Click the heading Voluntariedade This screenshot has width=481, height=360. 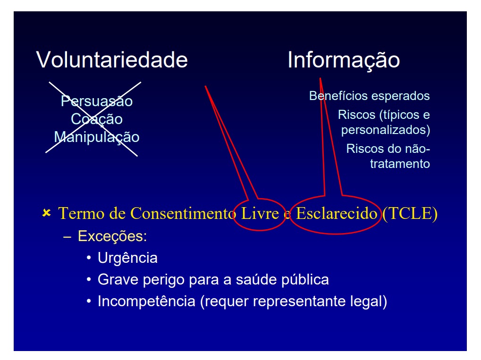point(112,60)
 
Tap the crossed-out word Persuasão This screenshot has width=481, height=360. point(97,101)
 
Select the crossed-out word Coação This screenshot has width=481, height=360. point(97,119)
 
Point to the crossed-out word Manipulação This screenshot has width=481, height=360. point(97,137)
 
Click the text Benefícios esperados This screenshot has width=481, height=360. point(369,96)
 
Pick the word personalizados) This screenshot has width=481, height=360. point(386,130)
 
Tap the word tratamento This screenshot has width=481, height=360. point(400,164)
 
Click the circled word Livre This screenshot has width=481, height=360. point(260,213)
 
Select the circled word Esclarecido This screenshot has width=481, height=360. point(337,213)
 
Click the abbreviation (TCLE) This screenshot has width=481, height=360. point(410,214)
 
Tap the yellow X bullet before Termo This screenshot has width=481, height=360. point(47,212)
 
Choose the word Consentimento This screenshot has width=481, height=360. point(183,213)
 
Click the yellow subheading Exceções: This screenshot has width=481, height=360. point(112,236)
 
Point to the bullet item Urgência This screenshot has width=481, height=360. point(127,258)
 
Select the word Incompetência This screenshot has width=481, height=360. point(147,301)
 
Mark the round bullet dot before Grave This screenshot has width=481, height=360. point(89,280)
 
